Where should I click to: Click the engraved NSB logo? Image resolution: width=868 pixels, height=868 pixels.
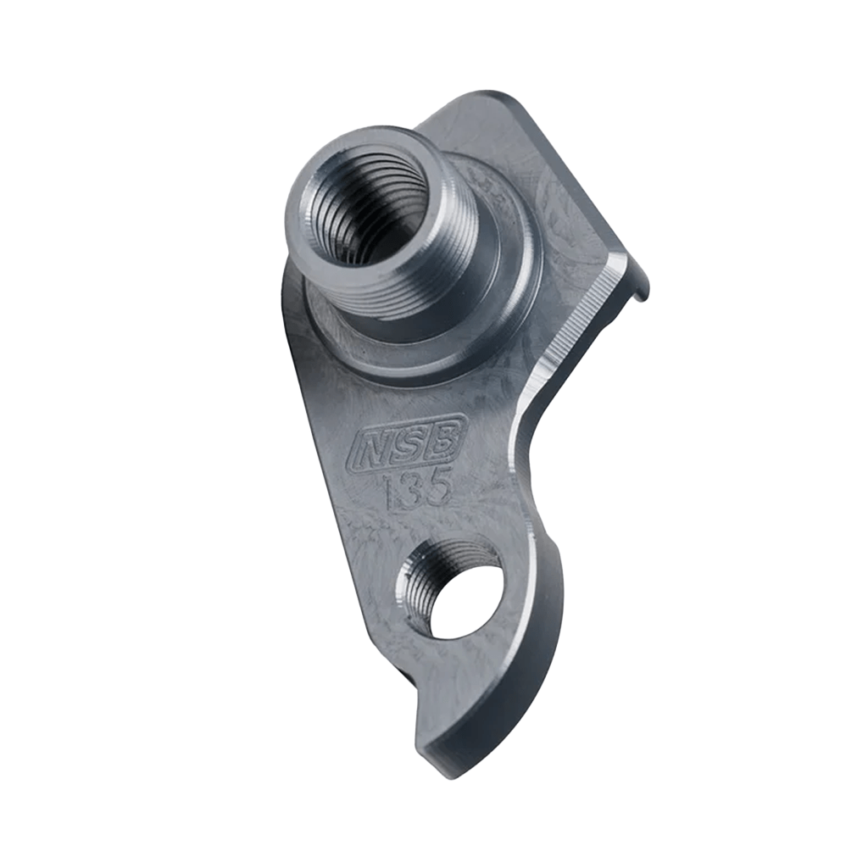(x=407, y=442)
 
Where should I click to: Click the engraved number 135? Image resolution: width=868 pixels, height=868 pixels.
(x=417, y=490)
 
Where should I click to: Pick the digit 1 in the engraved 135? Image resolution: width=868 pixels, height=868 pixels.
(x=391, y=493)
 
